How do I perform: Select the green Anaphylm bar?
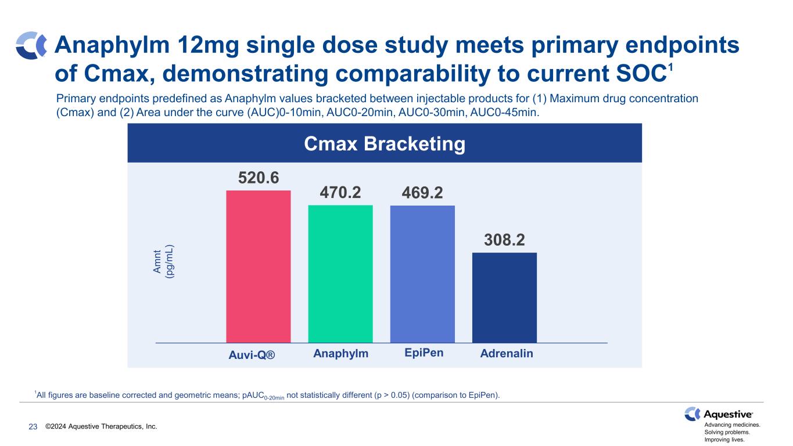(340, 274)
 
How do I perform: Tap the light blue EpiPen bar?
(422, 274)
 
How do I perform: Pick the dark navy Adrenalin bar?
(504, 297)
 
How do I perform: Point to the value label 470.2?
(340, 192)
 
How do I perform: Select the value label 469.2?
(422, 192)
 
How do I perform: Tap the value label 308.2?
(504, 239)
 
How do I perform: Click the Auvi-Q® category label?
(252, 354)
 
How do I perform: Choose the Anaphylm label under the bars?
(340, 353)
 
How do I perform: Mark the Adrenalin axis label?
(507, 353)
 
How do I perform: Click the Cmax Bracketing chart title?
(385, 143)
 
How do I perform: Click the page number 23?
(33, 427)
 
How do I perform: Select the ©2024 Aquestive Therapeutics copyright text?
(101, 427)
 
